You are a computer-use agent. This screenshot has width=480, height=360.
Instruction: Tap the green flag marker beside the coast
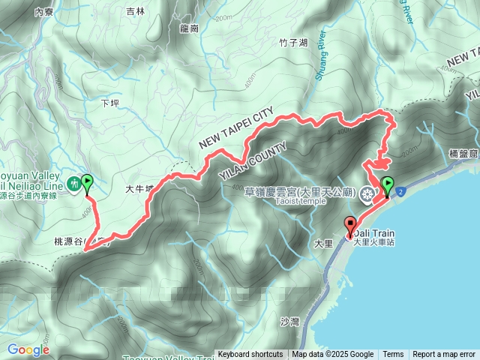[388, 187]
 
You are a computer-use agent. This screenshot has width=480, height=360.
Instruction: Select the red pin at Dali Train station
[350, 226]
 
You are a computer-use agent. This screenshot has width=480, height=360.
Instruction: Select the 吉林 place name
[136, 11]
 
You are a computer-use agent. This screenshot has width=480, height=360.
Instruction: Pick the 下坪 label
[109, 103]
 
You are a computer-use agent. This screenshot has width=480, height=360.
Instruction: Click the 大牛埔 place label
[139, 190]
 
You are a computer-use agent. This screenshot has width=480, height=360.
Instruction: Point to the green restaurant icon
[74, 183]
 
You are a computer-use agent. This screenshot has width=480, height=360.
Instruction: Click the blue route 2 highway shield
[401, 192]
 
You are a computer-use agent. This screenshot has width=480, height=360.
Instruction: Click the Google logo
[28, 349]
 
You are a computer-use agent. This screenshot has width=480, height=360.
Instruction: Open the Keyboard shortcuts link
[250, 355]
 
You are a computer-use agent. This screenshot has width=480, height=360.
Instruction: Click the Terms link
[393, 355]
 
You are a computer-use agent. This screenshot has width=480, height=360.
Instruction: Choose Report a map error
[444, 355]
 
